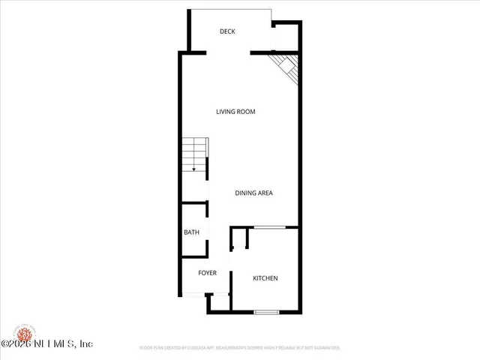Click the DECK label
coord(227,31)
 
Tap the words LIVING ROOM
coord(235,112)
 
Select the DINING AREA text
coord(253,193)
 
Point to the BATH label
coord(191,232)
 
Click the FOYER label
coord(207,273)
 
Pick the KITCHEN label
coord(265,278)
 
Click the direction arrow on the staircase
coord(194,170)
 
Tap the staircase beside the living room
coord(194,156)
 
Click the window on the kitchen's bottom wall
coord(265,311)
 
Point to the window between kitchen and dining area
coord(268,226)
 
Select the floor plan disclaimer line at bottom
coord(240,348)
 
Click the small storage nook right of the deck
coord(286,36)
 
